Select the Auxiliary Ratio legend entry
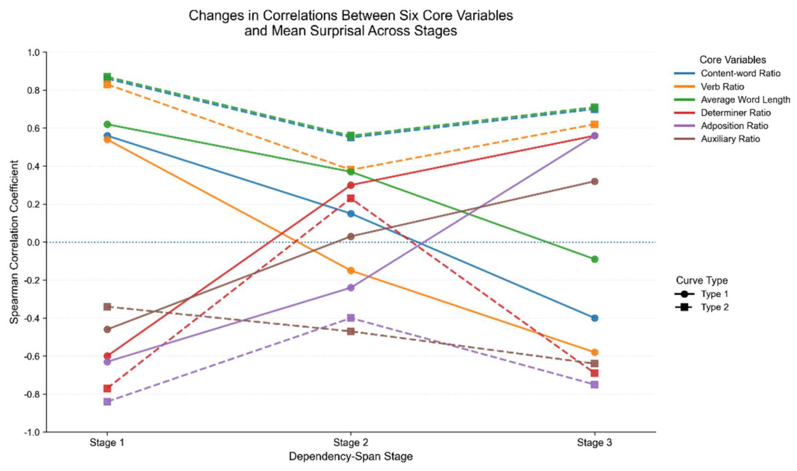coord(717,139)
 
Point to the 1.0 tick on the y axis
coord(35,52)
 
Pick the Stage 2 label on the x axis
coord(351,443)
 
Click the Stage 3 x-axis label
coord(594,443)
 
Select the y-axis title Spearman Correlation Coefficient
coord(15,242)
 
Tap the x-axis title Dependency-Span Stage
coord(351,456)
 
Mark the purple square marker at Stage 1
coord(107,401)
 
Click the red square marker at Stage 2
coord(351,199)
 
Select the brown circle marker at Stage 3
coord(595,182)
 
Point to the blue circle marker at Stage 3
coord(595,318)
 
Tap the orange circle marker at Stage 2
coord(351,270)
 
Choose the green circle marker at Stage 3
coord(595,260)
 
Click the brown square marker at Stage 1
coord(107,306)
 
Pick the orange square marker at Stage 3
coord(595,125)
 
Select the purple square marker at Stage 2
coord(351,318)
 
